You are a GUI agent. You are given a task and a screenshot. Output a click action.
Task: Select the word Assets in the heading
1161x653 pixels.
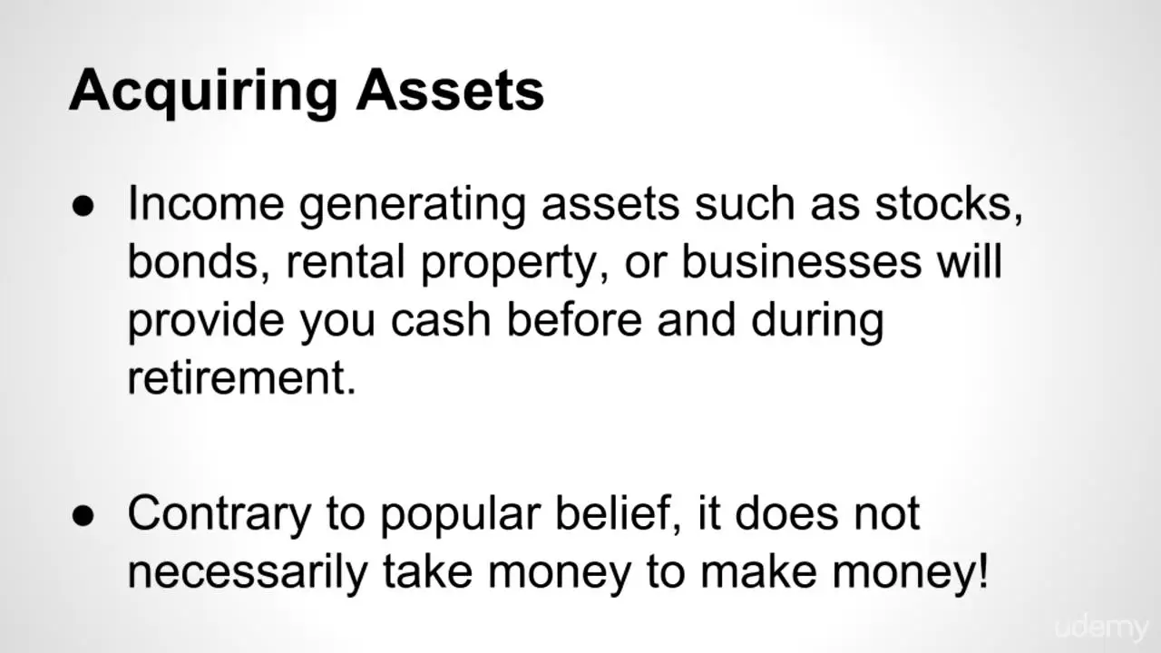click(x=450, y=90)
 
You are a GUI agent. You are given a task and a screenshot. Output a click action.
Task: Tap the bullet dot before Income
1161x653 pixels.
click(x=83, y=206)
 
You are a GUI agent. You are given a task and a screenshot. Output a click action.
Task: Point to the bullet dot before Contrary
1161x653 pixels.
click(x=83, y=516)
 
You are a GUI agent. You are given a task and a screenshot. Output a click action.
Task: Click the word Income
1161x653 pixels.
click(x=206, y=203)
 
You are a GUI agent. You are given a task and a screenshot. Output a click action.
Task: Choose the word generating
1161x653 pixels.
click(x=413, y=206)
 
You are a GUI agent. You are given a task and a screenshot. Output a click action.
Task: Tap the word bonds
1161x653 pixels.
click(x=199, y=262)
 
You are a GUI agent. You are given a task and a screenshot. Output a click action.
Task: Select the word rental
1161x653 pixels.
click(x=346, y=262)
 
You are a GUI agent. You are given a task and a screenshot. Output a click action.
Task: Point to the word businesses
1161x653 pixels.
click(x=801, y=262)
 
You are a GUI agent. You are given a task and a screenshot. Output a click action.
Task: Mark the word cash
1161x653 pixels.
click(x=441, y=320)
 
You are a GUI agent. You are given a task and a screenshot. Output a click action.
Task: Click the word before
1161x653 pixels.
click(x=574, y=320)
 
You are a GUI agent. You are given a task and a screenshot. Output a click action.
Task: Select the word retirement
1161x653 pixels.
click(x=241, y=378)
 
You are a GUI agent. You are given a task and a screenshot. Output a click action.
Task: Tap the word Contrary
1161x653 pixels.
click(x=220, y=514)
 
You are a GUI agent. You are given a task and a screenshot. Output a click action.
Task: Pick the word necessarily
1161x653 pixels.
click(x=248, y=572)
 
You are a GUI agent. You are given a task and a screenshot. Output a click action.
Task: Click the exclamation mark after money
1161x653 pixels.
click(x=982, y=570)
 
